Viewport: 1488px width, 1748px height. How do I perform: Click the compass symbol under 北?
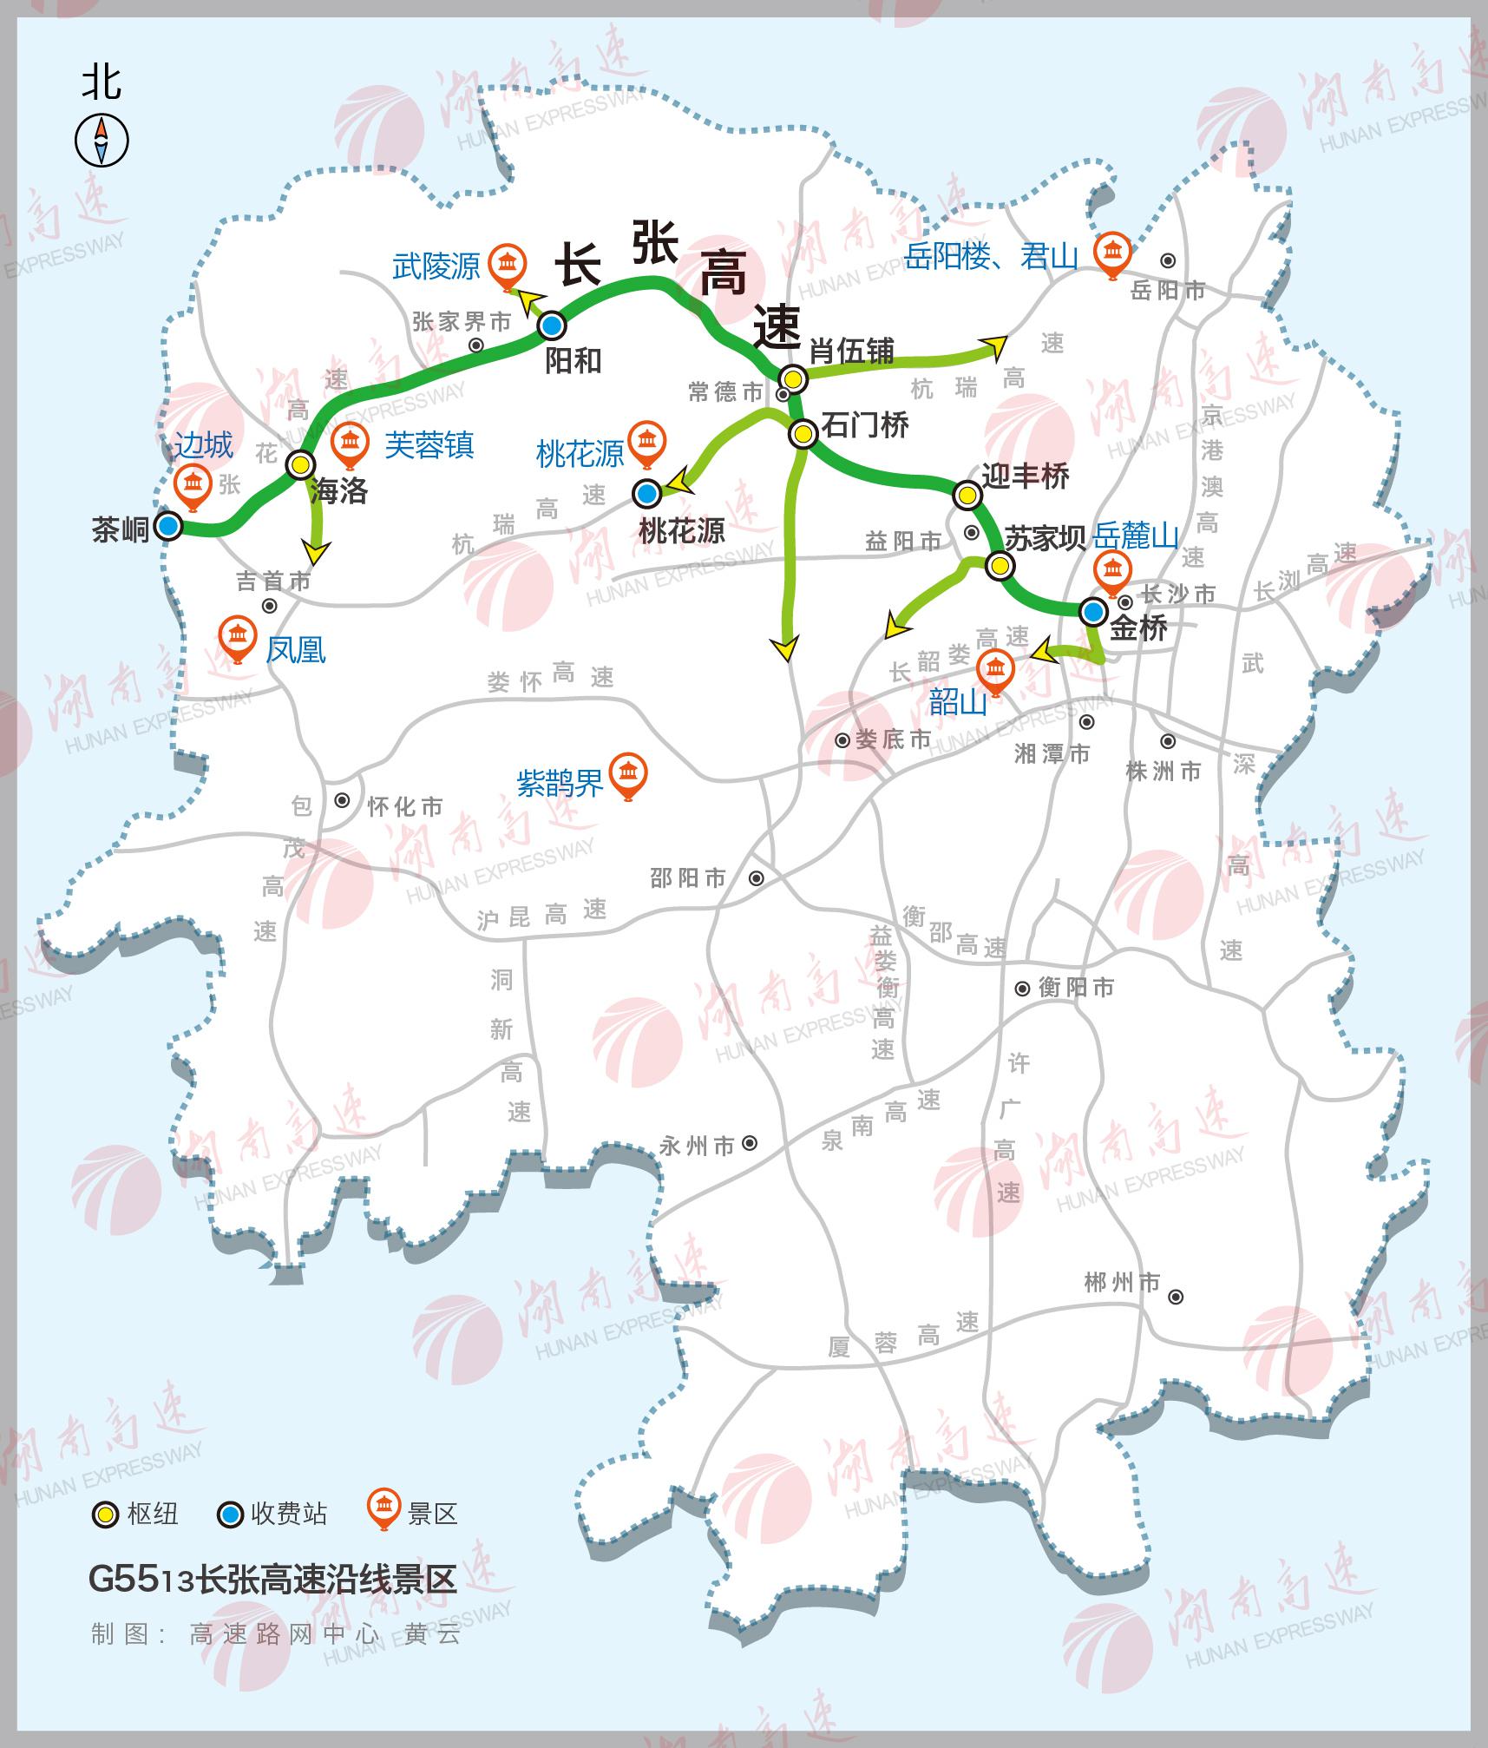click(102, 141)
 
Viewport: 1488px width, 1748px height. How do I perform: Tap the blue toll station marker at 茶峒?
click(168, 526)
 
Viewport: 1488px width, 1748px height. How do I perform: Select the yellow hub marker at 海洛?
click(301, 464)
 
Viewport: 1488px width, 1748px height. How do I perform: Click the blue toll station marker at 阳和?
click(552, 325)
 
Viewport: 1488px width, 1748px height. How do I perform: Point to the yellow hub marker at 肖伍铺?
click(792, 378)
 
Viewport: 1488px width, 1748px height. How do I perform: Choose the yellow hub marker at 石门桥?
click(803, 432)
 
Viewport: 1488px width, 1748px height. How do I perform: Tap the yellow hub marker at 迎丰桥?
click(967, 495)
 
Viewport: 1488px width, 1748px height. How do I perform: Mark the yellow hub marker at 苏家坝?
click(1000, 566)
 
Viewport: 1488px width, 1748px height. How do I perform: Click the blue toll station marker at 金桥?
click(1093, 612)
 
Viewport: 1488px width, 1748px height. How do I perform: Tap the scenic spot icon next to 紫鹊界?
click(629, 772)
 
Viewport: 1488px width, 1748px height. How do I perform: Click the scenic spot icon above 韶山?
click(995, 670)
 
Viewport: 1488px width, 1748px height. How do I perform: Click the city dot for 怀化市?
click(343, 800)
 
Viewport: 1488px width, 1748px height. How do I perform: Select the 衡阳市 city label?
click(1076, 987)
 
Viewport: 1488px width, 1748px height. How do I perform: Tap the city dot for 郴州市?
click(1176, 1297)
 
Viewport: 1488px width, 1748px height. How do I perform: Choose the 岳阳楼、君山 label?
click(991, 257)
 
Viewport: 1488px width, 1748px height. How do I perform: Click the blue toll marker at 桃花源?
click(646, 494)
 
